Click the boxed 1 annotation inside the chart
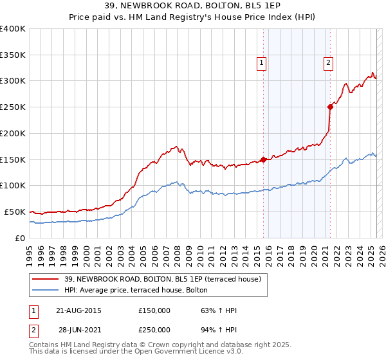point(262,62)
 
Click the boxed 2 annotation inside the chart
point(328,62)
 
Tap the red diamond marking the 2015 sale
point(263,159)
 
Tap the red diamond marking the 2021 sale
point(330,107)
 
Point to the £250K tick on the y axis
point(14,107)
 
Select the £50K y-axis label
point(15,212)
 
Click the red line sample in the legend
point(45,279)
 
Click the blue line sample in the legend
point(45,290)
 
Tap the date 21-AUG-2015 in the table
point(79,310)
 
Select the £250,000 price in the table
point(154,329)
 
